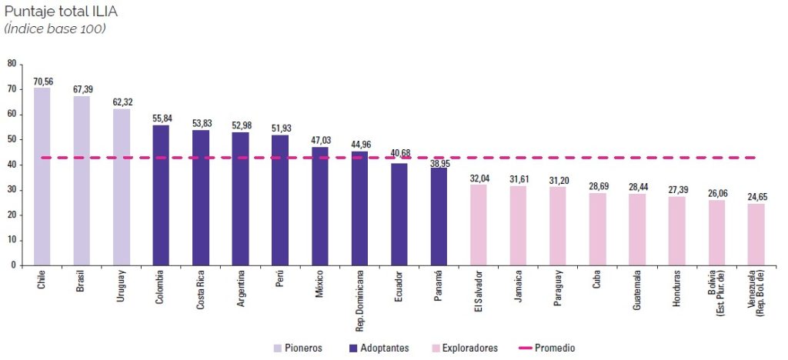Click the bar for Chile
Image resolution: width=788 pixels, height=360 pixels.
point(42,176)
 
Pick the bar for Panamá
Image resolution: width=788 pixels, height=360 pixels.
point(439,216)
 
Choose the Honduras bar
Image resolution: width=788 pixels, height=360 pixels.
point(676,231)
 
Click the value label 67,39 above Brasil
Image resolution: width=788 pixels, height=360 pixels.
point(82,90)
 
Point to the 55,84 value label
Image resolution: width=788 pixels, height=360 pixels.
point(162,118)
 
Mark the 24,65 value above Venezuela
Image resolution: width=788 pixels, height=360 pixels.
point(757,198)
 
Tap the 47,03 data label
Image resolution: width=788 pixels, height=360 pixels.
point(320,141)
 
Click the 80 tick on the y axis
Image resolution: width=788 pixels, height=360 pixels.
point(12,64)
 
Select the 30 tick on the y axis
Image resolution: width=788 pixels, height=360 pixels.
point(12,189)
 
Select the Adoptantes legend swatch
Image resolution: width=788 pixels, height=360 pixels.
point(353,348)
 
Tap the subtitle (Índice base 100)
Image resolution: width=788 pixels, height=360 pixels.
point(55,28)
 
